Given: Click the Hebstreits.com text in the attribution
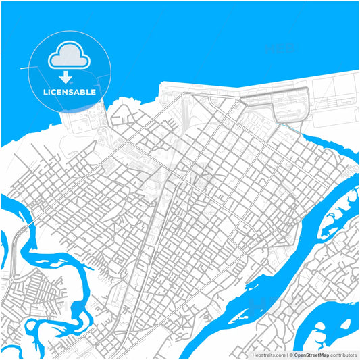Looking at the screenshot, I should pyautogui.click(x=269, y=355).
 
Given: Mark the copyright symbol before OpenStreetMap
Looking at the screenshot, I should pyautogui.click(x=290, y=355).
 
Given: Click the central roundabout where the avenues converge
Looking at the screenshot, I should pyautogui.click(x=183, y=178).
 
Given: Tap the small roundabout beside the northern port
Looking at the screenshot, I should pyautogui.click(x=238, y=100).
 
